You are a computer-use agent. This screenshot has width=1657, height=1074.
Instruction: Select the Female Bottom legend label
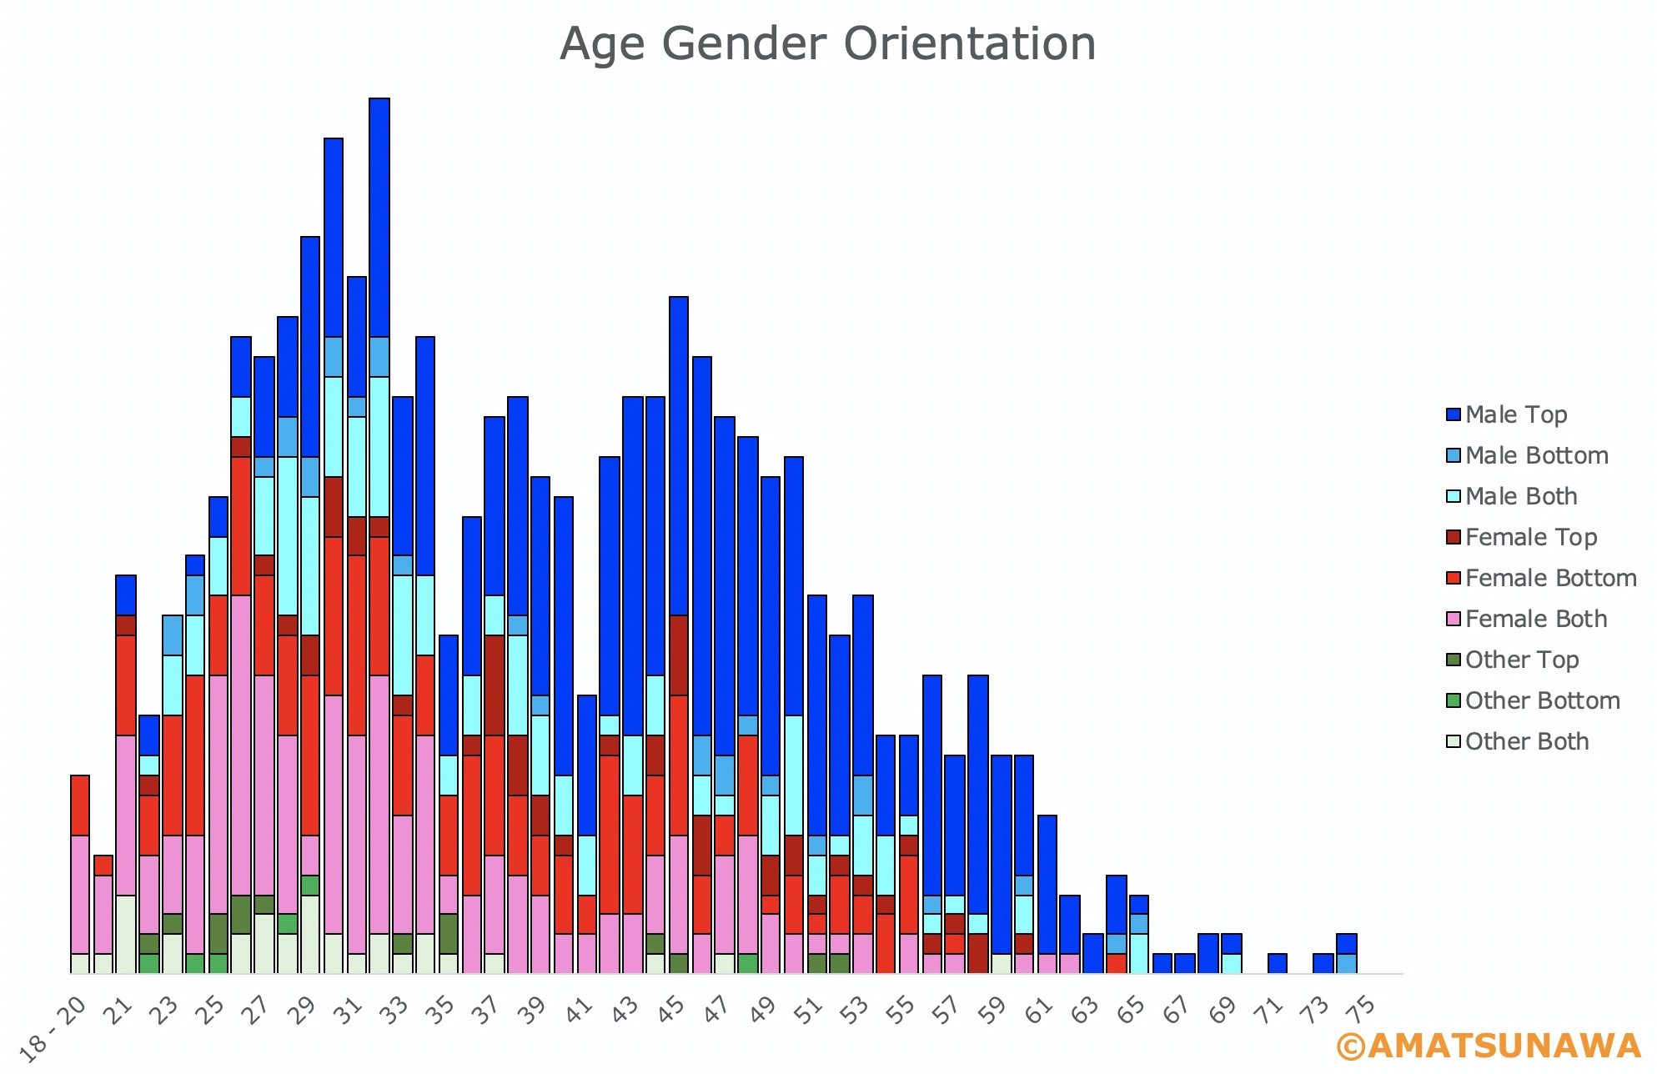coord(1551,578)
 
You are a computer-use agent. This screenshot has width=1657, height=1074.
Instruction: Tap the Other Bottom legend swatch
coord(1454,700)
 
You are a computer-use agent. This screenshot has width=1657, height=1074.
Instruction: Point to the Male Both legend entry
coord(1511,496)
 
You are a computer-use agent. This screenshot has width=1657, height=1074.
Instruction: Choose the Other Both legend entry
coord(1517,741)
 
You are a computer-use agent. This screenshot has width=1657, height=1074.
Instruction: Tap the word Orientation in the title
coord(970,43)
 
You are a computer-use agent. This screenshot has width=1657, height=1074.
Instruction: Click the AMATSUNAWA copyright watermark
coord(1489,1046)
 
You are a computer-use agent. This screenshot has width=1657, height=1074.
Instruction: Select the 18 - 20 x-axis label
coord(52,1029)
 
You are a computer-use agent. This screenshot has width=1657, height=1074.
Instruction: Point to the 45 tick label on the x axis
coord(670,1008)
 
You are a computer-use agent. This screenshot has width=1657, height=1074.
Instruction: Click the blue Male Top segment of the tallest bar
coord(379,218)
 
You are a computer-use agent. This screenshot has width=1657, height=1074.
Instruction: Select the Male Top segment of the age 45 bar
coord(679,456)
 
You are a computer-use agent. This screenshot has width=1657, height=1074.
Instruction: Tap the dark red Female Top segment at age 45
coord(679,655)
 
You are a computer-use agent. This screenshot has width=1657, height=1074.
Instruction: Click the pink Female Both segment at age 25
coord(218,795)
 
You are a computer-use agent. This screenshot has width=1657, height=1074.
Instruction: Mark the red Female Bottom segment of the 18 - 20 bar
coord(80,805)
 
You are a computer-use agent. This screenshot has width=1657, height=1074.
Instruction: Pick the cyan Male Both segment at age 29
coord(310,566)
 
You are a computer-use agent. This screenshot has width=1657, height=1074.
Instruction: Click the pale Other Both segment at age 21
coord(126,935)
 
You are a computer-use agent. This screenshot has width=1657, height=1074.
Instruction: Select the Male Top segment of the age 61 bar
coord(1047,885)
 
